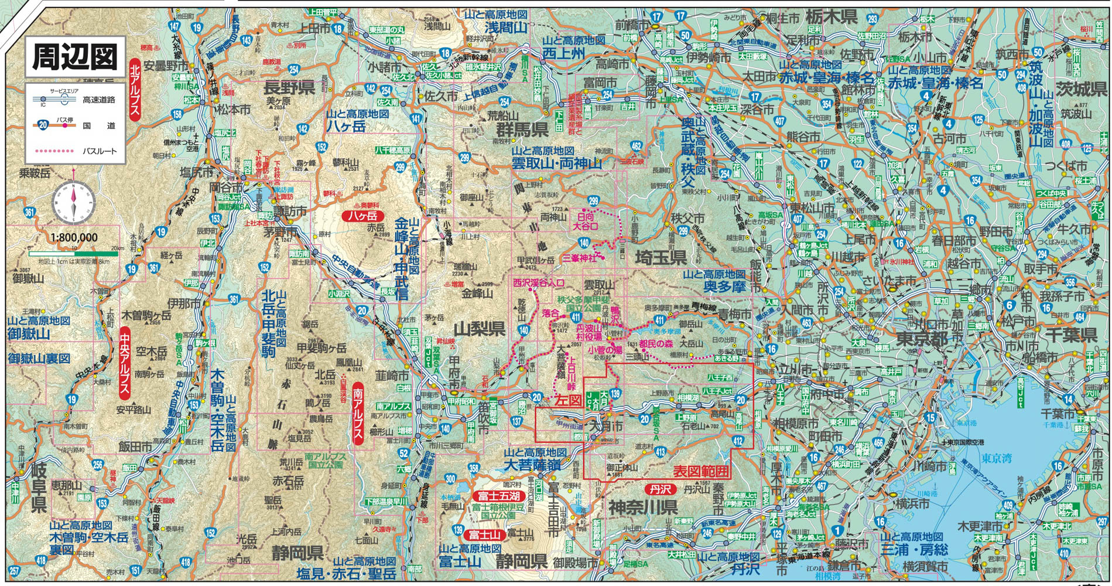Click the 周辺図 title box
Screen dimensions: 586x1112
[74, 57]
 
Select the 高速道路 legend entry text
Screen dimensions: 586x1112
[99, 100]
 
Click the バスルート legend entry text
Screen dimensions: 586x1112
[100, 151]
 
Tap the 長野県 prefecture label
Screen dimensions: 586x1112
[289, 88]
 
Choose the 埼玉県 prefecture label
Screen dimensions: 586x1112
[661, 257]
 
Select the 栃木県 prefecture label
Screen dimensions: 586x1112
[831, 16]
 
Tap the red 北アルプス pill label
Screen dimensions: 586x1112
[135, 89]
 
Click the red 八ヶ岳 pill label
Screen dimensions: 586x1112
[362, 216]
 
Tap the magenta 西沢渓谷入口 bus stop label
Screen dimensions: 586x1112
[539, 282]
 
